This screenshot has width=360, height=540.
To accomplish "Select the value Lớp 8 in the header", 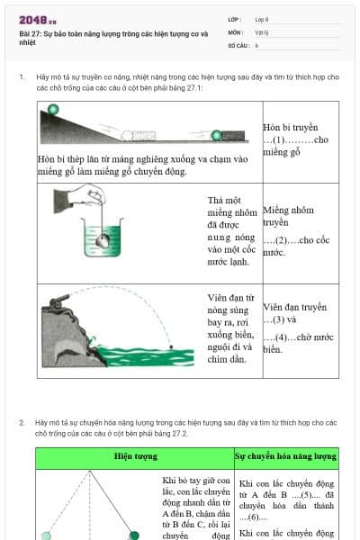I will (x=262, y=19).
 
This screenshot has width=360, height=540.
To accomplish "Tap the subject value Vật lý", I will (x=262, y=31).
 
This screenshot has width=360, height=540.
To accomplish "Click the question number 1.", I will (x=21, y=77).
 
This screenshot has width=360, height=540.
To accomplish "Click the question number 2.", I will (x=21, y=421).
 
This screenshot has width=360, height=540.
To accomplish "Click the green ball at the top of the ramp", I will (x=53, y=110).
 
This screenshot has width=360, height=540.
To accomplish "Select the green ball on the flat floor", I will (x=216, y=136).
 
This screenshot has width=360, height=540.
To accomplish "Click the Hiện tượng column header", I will (x=134, y=457).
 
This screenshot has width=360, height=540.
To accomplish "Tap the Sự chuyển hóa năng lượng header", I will (x=285, y=457).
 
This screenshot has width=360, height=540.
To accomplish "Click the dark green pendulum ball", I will (x=134, y=535).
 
